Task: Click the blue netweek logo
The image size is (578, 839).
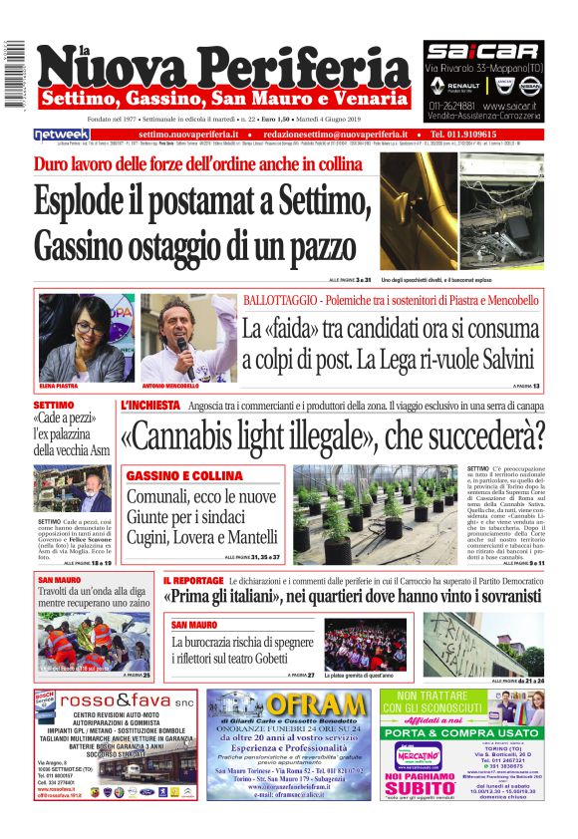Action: click(62, 134)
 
